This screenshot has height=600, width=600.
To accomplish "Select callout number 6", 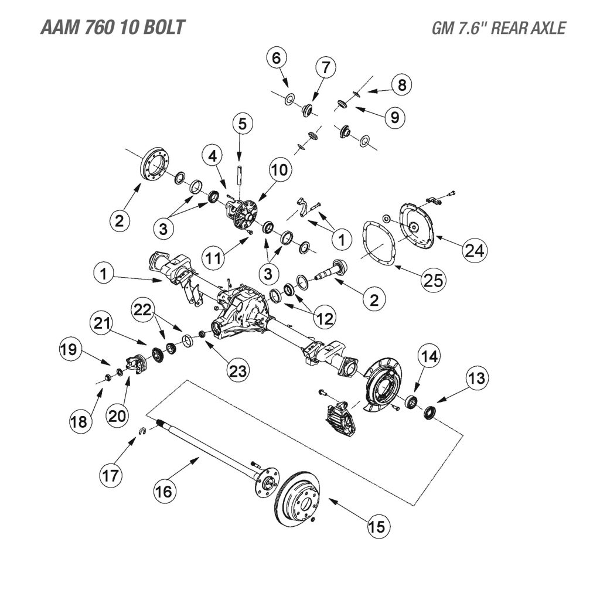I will (278, 59).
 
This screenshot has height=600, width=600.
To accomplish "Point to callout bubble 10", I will (280, 170).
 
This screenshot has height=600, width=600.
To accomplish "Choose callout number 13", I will (476, 379).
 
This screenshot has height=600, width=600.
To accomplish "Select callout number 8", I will (401, 86).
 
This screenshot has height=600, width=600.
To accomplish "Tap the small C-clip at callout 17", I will (142, 432).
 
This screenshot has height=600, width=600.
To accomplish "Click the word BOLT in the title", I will (162, 28).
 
